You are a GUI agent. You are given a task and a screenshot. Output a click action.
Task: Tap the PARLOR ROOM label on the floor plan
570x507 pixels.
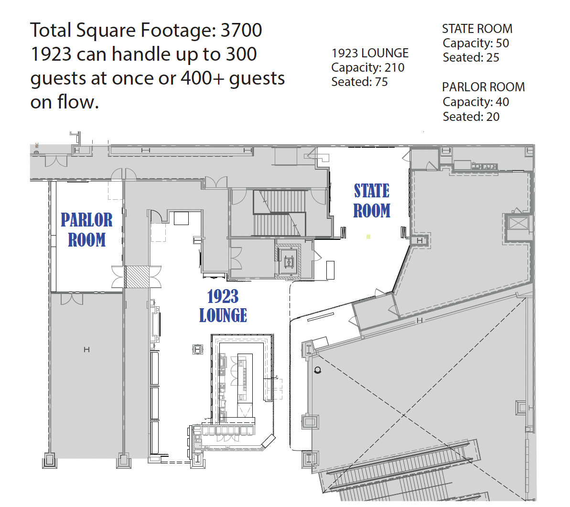86,230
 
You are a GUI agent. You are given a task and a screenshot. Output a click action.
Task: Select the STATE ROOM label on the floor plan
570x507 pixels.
372,201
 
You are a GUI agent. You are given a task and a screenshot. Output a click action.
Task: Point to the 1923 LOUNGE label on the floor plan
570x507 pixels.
223,306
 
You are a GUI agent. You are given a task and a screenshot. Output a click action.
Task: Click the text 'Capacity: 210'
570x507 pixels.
368,67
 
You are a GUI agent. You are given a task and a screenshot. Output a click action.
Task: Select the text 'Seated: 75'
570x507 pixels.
359,82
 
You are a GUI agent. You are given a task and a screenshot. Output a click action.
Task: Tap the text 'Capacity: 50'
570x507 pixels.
476,43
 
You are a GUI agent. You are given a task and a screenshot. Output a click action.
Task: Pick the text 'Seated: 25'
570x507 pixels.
471,57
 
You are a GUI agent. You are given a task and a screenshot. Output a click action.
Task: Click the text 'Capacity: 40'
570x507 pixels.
476,102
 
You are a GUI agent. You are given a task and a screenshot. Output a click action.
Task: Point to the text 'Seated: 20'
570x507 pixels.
471,117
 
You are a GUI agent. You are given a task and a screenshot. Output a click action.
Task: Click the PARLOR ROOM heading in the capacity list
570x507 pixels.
484,87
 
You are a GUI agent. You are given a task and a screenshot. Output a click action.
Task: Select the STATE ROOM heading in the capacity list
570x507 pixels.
477,29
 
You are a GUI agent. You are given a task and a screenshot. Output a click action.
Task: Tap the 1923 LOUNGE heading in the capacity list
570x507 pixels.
370,53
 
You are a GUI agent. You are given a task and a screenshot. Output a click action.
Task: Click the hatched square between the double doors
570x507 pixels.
137,277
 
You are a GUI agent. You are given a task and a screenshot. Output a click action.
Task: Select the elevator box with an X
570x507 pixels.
518,223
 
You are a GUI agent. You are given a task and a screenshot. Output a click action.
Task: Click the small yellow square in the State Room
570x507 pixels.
368,237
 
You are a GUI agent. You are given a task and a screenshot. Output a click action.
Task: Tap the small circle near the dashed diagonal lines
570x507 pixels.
317,370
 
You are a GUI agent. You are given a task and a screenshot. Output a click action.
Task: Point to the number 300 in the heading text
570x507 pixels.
241,54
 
